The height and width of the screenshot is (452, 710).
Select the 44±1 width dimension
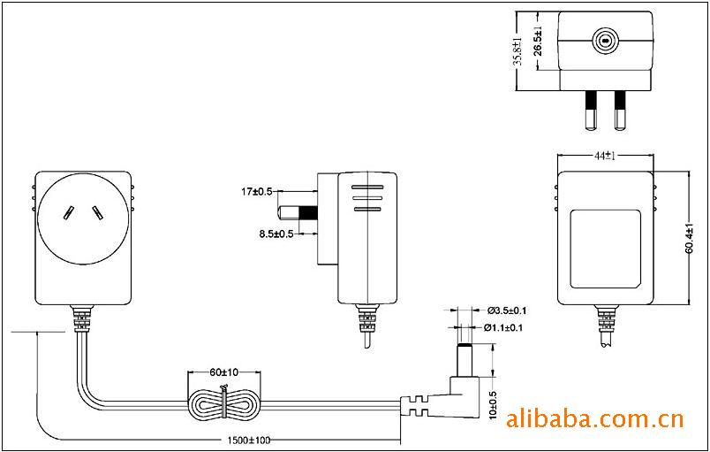(604, 156)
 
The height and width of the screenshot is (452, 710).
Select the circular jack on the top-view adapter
(604, 40)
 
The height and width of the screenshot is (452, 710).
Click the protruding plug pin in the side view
(298, 212)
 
